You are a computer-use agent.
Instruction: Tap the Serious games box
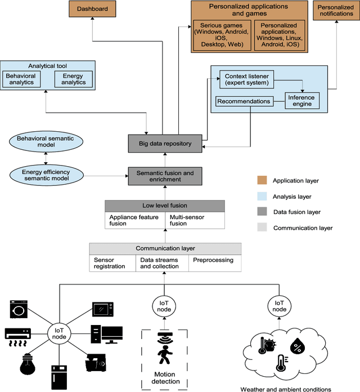(x=222, y=35)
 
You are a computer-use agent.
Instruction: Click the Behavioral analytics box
(x=21, y=79)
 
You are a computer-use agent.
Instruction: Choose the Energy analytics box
(x=74, y=79)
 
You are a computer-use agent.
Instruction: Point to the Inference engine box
(x=301, y=101)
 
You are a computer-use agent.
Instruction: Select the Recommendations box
(x=244, y=102)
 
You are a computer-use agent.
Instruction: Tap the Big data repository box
(x=165, y=144)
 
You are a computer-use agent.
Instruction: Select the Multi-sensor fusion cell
(x=195, y=220)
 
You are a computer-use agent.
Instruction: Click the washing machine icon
(x=19, y=309)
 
